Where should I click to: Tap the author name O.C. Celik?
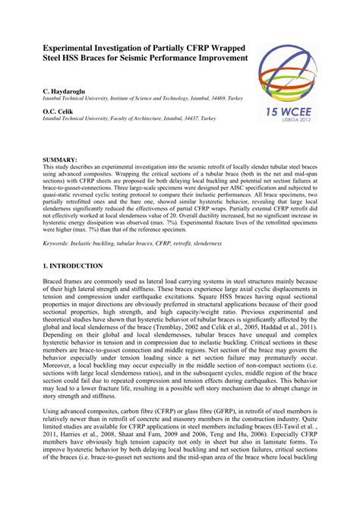tap(60, 112)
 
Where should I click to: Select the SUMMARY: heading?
tap(60, 159)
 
